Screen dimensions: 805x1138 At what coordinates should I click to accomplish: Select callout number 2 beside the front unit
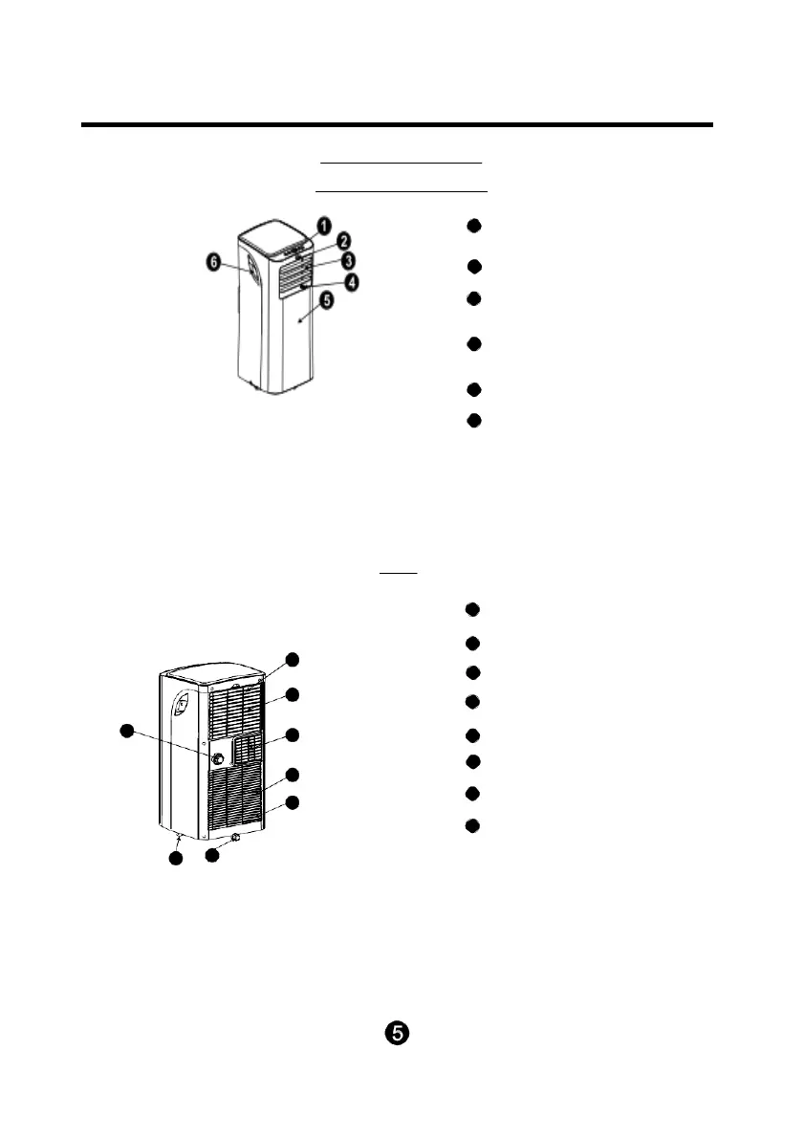point(340,241)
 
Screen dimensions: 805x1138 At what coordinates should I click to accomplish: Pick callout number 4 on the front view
point(353,284)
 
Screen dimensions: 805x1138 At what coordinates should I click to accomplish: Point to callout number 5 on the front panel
point(328,299)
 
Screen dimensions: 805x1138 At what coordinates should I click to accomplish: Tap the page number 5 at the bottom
point(398,1034)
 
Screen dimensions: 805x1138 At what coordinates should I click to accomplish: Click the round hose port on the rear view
point(218,757)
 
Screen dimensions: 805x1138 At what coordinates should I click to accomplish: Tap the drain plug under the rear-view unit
point(235,838)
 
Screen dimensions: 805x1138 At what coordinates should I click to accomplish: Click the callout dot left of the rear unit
point(124,732)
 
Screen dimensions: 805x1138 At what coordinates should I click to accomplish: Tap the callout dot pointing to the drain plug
point(212,857)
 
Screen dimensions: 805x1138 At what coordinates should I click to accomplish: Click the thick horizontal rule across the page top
point(397,124)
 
